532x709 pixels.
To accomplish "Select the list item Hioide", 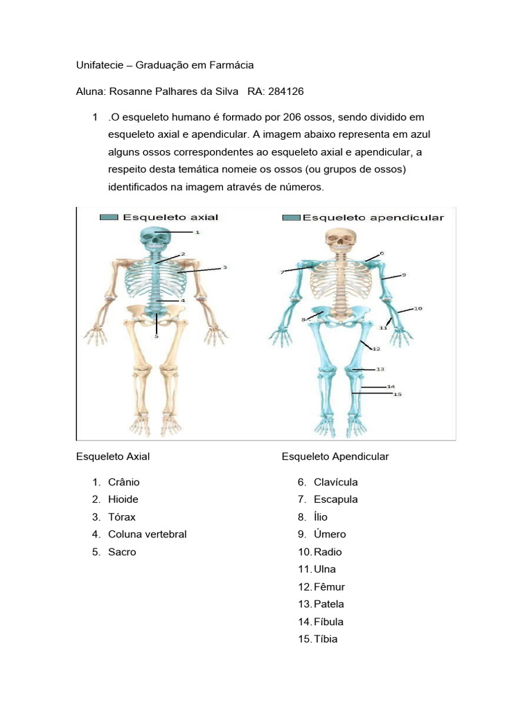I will [123, 499].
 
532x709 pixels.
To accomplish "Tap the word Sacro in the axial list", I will [122, 552].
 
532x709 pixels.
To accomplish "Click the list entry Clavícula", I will [336, 482].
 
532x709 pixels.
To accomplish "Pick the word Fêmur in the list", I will [329, 587].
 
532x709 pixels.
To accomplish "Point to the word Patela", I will [329, 604].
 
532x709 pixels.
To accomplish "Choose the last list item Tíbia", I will [326, 639].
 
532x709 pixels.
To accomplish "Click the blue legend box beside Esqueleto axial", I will [109, 217].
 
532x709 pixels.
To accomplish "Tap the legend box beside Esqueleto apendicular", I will [292, 217].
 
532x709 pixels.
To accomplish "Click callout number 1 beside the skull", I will [197, 233].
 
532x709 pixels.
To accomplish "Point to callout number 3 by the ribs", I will [225, 267].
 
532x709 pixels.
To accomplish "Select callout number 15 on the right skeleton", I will [398, 394].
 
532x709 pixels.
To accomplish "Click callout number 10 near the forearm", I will [418, 308].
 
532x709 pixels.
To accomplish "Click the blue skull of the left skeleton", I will [159, 239].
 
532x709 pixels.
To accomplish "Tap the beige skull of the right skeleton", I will [339, 240].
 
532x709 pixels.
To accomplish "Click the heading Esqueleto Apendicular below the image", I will [335, 456].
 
